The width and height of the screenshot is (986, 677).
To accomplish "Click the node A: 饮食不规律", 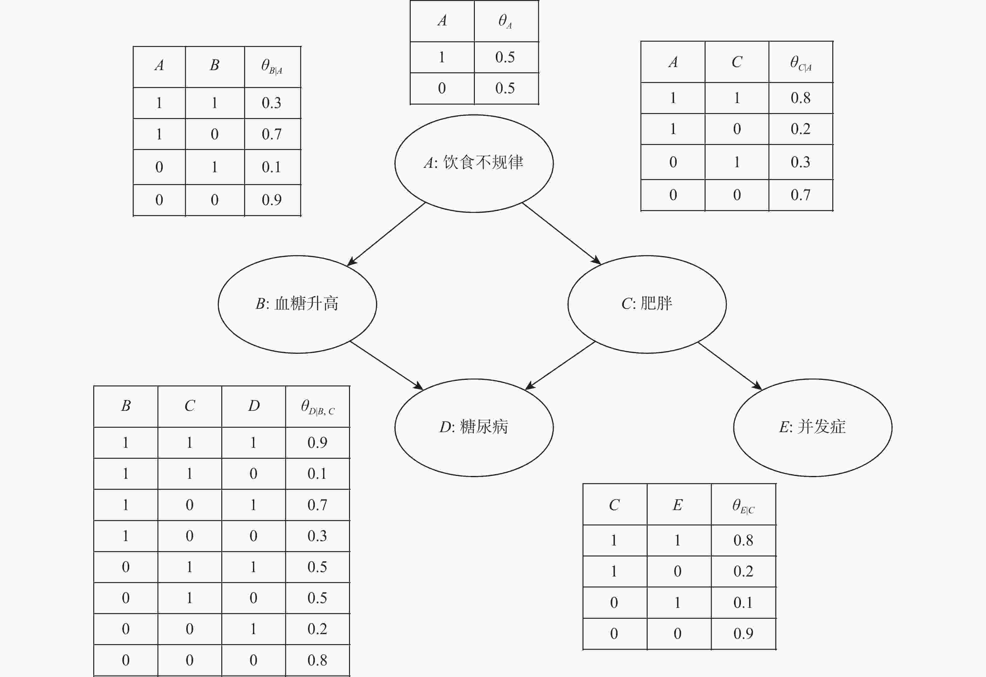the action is tap(474, 163).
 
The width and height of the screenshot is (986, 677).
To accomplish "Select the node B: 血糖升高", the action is tap(297, 304).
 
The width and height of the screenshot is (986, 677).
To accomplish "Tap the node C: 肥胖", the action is tap(647, 304).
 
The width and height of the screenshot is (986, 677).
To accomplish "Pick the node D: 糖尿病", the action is tap(474, 428).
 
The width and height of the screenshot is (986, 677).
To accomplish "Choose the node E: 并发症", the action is tap(813, 428).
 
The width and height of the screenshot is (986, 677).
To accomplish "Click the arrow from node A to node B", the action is tap(386, 234).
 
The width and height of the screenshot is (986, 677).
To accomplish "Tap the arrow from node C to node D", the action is tap(560, 365).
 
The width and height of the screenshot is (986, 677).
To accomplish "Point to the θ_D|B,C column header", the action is tap(318, 407).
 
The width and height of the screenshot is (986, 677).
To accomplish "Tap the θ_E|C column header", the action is tap(743, 505).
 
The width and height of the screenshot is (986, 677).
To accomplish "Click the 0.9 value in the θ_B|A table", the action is tap(271, 200).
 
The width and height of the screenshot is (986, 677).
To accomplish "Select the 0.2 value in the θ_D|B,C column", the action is tap(317, 629).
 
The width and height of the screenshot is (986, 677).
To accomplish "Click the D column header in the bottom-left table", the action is tap(254, 406).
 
